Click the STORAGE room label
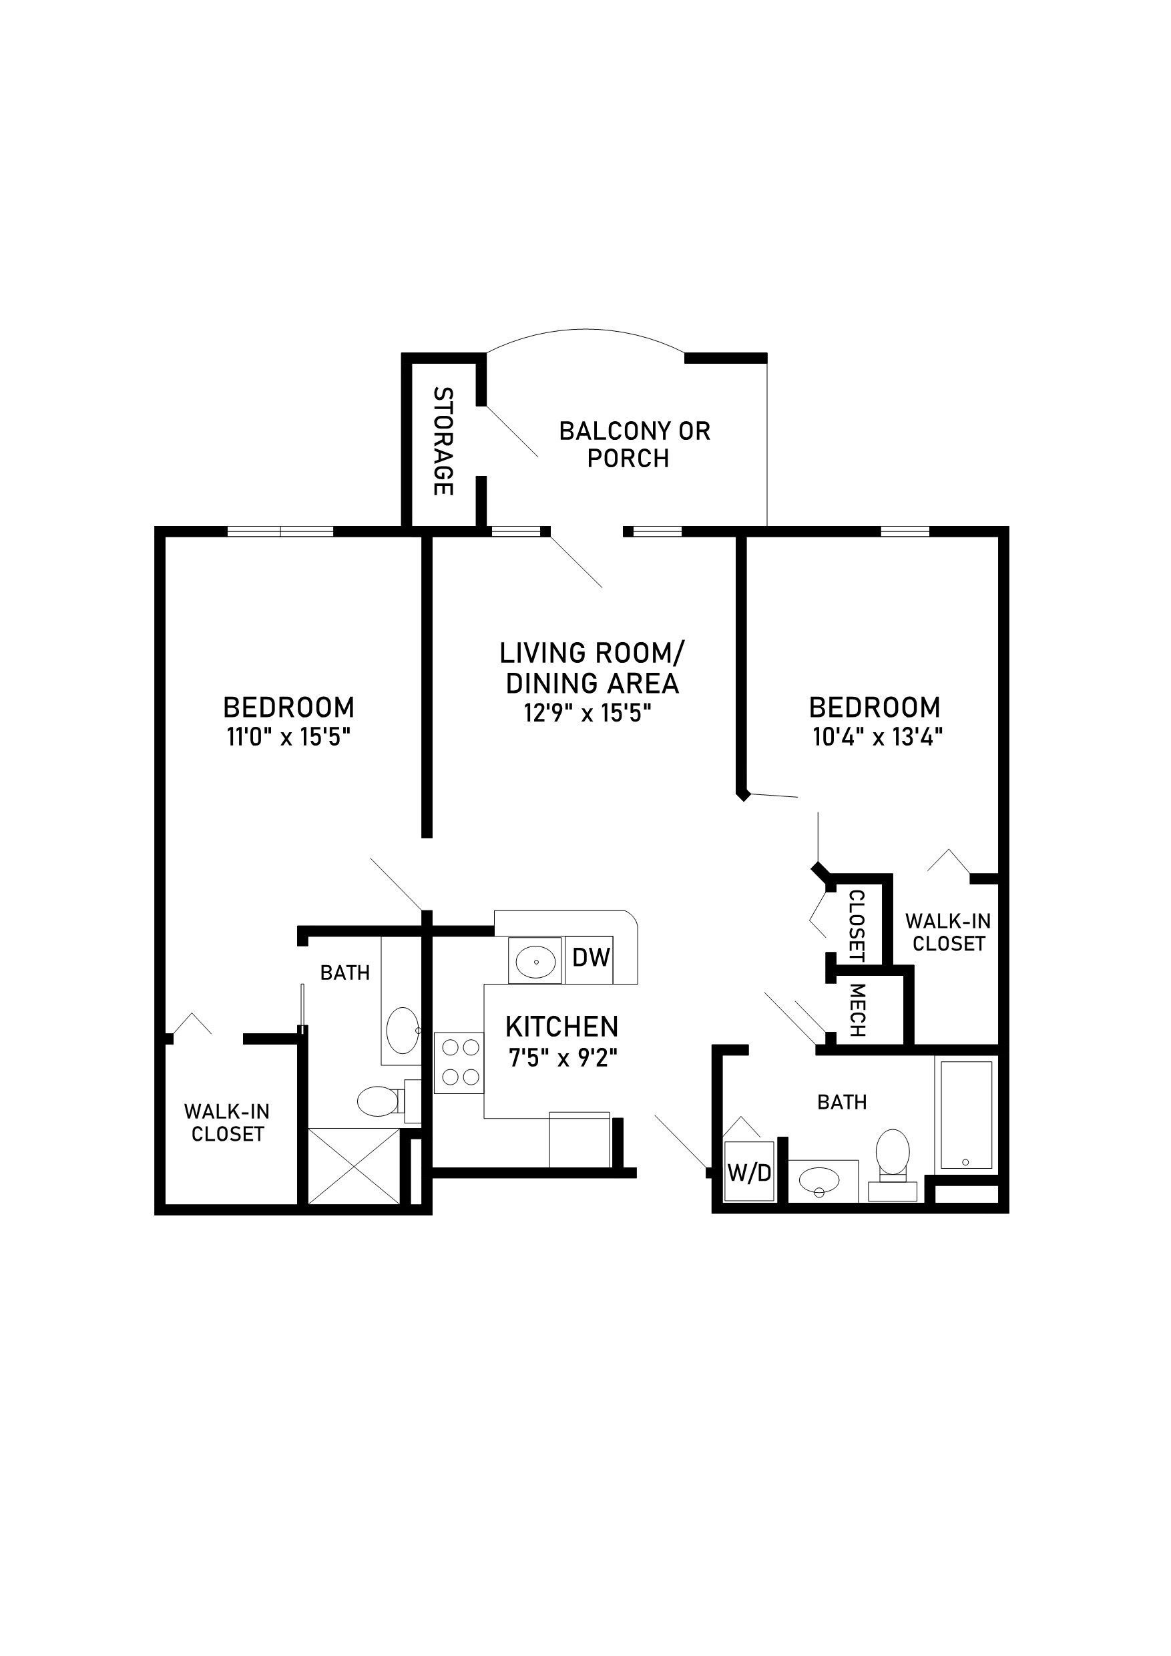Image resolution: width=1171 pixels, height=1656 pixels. point(443,441)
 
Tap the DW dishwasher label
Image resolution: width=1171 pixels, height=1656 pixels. point(591,957)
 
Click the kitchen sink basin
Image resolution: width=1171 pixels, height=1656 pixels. point(535,960)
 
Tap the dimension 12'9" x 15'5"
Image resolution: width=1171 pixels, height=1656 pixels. point(588,714)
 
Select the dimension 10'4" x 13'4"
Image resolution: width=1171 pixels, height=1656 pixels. point(878,737)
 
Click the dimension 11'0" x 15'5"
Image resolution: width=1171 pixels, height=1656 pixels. point(288,737)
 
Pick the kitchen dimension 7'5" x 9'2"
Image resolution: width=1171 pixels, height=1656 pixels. point(563,1058)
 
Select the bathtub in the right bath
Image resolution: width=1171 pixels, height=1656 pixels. point(966,1113)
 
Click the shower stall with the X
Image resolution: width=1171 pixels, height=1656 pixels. point(354,1165)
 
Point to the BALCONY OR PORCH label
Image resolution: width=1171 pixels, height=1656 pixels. point(634,445)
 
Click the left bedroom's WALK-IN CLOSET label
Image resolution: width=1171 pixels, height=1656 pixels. point(227,1122)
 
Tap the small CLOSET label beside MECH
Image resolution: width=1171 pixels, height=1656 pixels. point(857,925)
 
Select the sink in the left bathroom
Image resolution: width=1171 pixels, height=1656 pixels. point(402,1031)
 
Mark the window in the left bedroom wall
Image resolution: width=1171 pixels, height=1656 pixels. point(280,531)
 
